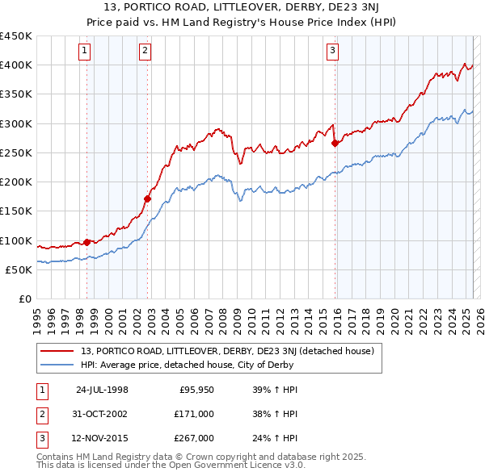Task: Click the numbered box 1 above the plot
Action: tap(85, 51)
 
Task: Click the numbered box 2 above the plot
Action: tap(145, 51)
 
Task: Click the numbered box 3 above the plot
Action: tap(332, 51)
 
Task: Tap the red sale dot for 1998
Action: tap(87, 242)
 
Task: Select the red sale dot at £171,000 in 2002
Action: tap(148, 198)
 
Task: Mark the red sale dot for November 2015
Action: tap(335, 143)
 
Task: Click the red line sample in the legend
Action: tap(57, 351)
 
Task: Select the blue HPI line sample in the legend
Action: tap(57, 365)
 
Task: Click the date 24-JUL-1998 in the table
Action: tap(102, 390)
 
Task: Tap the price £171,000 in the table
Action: tap(194, 414)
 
